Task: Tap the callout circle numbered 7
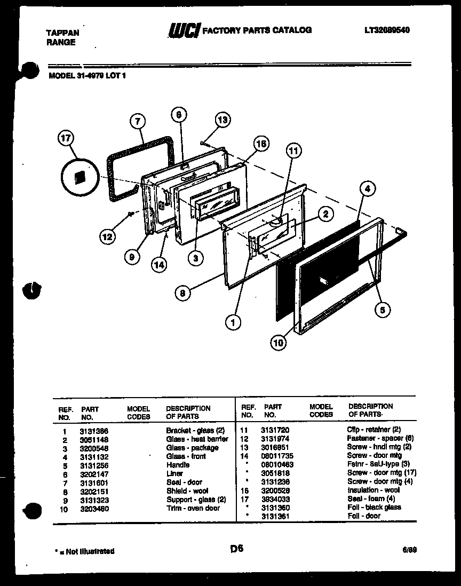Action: pos(137,122)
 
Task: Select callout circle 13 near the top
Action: pos(223,120)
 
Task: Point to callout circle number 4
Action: pos(367,188)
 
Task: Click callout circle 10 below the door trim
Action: pos(278,343)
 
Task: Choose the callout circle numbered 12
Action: pos(108,235)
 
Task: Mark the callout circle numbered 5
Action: pos(382,310)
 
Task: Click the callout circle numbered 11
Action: pos(292,151)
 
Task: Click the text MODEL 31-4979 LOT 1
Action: pos(88,76)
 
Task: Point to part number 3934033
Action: pos(275,499)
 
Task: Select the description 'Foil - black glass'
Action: pos(374,508)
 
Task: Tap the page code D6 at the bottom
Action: pos(237,549)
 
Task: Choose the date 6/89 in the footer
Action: pos(410,551)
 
